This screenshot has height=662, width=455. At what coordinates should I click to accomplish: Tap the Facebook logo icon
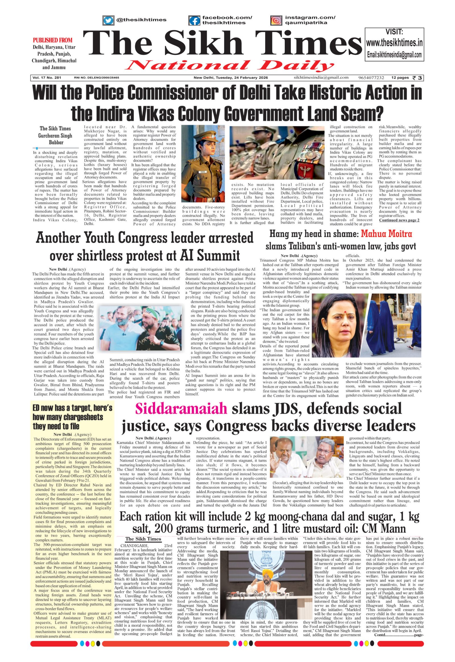pos(195,20)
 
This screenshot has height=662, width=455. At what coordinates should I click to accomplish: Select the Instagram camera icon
pos(276,20)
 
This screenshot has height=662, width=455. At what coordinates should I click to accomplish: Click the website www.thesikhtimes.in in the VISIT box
pos(394,43)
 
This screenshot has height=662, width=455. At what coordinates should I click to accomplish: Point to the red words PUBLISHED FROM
pos(52,40)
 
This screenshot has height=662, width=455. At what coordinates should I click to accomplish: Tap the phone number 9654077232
pos(371,78)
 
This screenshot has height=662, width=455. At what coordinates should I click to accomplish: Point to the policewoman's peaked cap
pos(203,135)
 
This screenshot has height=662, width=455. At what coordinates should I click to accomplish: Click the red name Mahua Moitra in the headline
pos(386,234)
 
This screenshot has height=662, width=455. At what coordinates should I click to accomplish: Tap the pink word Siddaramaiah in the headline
pos(181,409)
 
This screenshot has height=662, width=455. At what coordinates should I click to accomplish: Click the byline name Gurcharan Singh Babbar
pos(55,139)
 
